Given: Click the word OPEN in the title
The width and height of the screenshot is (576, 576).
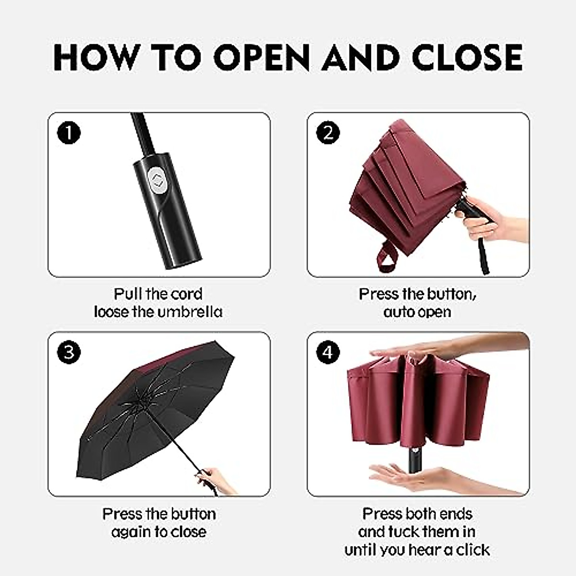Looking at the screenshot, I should click(x=262, y=57).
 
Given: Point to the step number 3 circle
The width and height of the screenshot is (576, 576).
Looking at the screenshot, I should click(x=69, y=353).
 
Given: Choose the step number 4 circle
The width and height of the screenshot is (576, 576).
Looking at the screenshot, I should click(x=328, y=353).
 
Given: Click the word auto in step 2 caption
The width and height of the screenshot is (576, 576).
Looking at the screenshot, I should click(x=397, y=312).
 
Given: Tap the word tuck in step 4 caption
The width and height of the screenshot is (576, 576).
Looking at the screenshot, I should click(x=400, y=532).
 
